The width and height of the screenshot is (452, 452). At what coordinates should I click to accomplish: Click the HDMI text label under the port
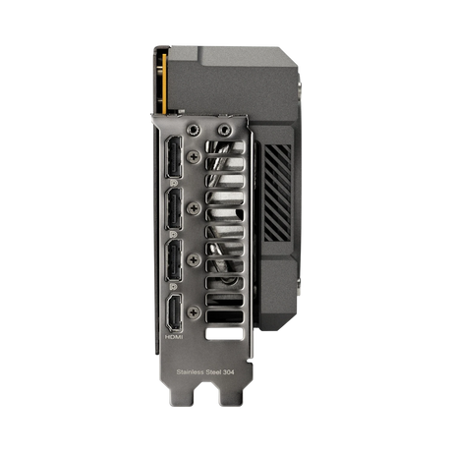click(173, 338)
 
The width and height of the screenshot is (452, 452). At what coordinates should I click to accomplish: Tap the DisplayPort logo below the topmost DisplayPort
click(173, 182)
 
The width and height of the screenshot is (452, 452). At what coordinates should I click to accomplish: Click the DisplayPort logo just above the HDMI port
click(173, 286)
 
